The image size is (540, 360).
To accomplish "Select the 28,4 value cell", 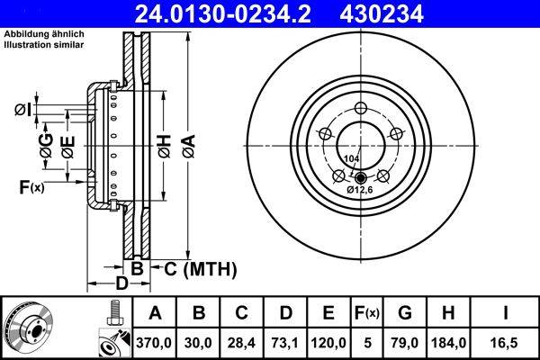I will pyautogui.click(x=242, y=342).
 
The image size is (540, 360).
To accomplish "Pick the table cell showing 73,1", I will pyautogui.click(x=285, y=342).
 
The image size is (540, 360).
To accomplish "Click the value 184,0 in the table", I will pyautogui.click(x=446, y=342).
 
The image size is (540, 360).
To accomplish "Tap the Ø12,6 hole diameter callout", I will pyautogui.click(x=360, y=190).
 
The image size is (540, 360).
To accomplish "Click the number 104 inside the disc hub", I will pyautogui.click(x=351, y=158).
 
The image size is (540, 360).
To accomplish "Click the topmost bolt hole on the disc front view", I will pyautogui.click(x=361, y=109).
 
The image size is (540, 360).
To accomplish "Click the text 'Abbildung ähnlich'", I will pyautogui.click(x=43, y=33).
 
